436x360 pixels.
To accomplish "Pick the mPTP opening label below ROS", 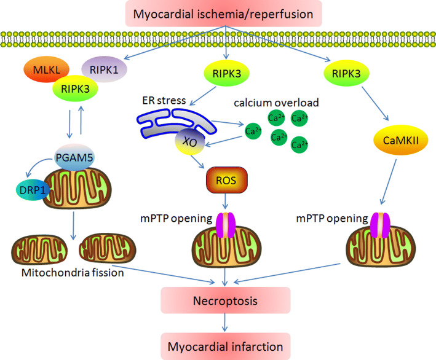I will pyautogui.click(x=180, y=218).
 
